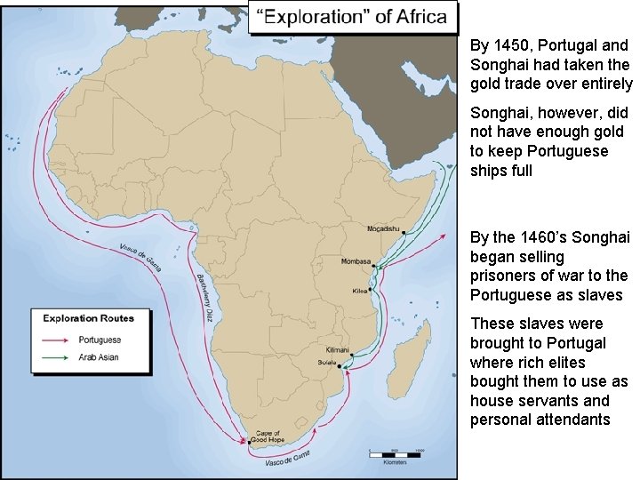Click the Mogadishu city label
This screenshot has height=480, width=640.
[385, 228]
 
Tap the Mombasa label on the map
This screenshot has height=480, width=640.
[356, 261]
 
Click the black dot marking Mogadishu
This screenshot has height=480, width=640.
[404, 233]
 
